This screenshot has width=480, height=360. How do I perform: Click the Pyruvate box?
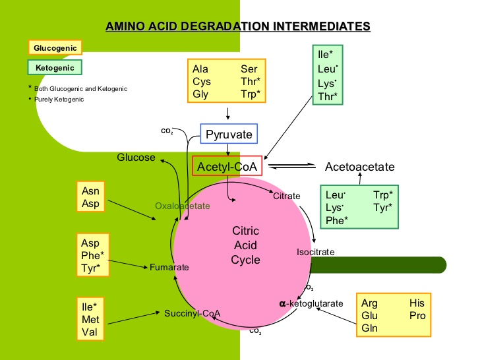click(228, 135)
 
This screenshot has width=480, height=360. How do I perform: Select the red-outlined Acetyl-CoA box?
click(227, 166)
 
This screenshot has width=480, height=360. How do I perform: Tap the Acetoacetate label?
click(359, 167)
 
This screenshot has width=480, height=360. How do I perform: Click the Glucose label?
click(136, 158)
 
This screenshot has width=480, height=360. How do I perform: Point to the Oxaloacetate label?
click(182, 206)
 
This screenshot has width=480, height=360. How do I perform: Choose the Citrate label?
click(286, 196)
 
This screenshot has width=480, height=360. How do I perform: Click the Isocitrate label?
click(315, 252)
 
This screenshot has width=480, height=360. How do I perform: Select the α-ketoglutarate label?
click(311, 303)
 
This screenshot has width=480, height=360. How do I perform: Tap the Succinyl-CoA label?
click(192, 313)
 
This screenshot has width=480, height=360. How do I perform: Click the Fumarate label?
click(169, 267)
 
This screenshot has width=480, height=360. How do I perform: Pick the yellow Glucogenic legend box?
click(55, 47)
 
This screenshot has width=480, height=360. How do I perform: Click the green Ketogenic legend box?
click(55, 67)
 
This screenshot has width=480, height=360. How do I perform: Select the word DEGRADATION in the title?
click(233, 27)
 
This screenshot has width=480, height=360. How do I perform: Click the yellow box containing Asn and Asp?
click(91, 197)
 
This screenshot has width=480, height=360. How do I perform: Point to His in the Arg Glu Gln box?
click(417, 303)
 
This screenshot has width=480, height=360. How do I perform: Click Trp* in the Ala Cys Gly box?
click(251, 94)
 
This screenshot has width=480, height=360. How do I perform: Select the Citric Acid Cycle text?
click(245, 245)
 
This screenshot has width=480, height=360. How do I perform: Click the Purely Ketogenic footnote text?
click(59, 100)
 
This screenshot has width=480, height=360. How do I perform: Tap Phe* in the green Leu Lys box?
click(337, 220)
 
